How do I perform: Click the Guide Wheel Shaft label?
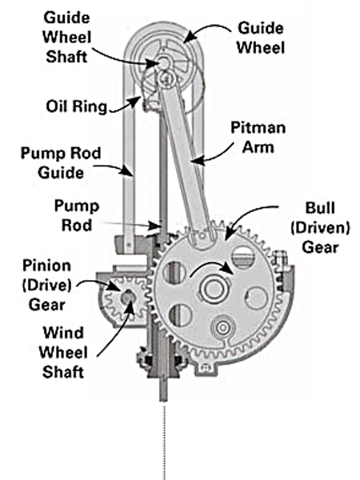pos(66,38)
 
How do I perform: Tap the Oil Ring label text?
pos(77,107)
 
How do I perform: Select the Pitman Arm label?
pos(258,138)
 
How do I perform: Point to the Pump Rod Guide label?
pos(61,163)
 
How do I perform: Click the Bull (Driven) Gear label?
pos(320,227)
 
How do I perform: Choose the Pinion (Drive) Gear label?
pos(47,285)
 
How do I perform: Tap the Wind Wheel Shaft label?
pos(63,353)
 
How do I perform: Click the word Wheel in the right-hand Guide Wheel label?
pos(261,47)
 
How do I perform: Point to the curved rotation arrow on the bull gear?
pos(211,267)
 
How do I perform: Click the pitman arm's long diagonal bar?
pos(184,159)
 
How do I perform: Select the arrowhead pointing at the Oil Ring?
pos(137,101)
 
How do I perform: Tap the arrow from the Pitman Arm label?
pos(211,156)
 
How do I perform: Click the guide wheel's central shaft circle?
pos(164,62)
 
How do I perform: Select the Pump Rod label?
pos(77,215)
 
